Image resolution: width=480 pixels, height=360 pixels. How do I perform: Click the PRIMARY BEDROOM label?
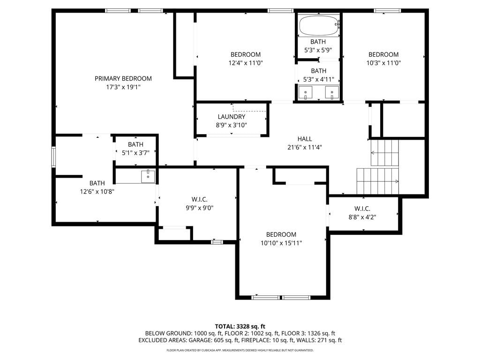tap(123, 79)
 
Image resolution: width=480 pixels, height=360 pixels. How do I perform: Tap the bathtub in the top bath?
tap(319, 26)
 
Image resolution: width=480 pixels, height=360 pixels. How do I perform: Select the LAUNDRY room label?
tap(232, 117)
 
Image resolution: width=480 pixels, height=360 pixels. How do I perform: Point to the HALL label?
tap(305, 139)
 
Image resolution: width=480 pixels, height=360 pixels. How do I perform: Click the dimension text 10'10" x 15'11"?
tap(281, 243)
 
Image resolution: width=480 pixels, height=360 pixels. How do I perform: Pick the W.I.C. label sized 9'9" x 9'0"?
tap(200, 200)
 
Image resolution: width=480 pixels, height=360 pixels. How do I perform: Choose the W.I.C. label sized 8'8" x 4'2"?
tap(362, 209)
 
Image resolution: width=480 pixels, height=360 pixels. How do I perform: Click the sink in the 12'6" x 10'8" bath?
tap(148, 177)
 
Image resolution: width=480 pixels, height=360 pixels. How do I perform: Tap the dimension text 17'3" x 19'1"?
tap(123, 87)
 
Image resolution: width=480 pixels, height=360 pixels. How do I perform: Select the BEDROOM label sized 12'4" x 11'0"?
tap(246, 54)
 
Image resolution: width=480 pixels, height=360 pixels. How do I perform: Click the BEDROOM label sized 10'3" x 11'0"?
tap(383, 54)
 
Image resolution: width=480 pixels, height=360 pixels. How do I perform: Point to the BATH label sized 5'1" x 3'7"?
tap(135, 144)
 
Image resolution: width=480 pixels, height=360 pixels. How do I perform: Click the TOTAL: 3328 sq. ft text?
tap(240, 326)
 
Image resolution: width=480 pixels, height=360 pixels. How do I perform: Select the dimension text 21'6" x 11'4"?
tap(305, 147)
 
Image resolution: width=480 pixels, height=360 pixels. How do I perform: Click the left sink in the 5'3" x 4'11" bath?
tap(306, 93)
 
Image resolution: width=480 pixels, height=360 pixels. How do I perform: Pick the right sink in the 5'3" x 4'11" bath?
tap(332, 93)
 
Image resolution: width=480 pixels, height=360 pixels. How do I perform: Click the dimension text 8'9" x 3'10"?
tap(232, 125)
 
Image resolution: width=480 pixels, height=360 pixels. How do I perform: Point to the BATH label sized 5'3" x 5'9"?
tap(318, 42)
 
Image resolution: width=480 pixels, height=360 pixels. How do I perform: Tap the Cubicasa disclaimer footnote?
tap(240, 350)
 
